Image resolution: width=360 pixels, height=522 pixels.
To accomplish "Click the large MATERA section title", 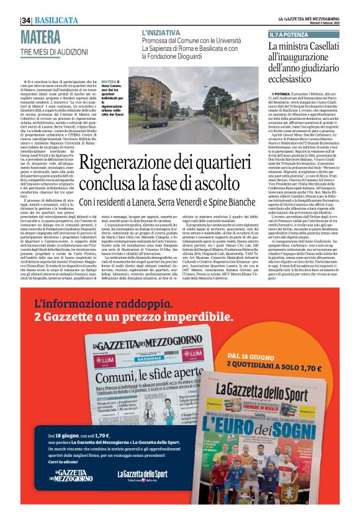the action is pyautogui.click(x=40, y=35).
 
